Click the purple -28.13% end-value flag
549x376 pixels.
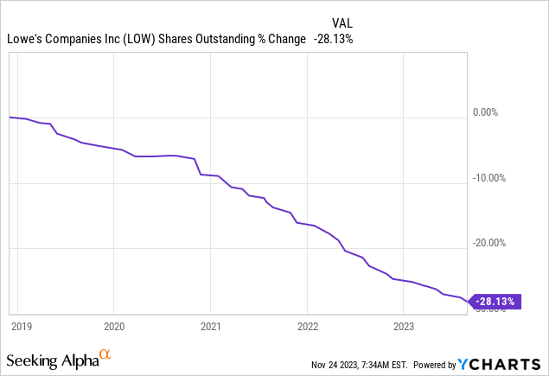coord(495,302)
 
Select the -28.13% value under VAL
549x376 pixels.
coord(334,39)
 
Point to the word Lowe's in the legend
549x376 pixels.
coord(24,39)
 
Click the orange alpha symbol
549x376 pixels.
coord(105,354)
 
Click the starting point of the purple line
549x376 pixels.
coord(10,117)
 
